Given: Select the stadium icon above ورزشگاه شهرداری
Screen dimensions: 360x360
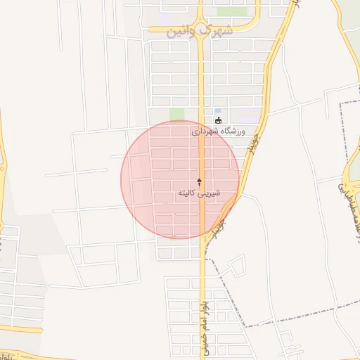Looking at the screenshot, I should point(217,120).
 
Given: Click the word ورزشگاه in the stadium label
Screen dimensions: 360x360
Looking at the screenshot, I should point(232,131).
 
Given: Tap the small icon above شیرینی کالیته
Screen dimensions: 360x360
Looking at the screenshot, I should point(200,181).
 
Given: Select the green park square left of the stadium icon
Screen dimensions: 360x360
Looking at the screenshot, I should point(177,114).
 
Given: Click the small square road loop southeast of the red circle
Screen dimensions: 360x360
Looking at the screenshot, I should point(237,265).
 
